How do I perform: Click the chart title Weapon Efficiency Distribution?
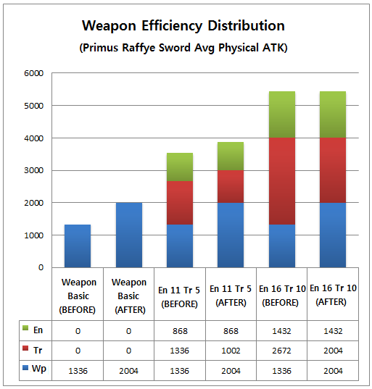coord(183,26)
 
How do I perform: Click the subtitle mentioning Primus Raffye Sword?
coord(183,48)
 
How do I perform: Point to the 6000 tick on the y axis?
coord(34,73)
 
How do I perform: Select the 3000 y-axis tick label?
coord(34,170)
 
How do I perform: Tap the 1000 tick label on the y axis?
coord(34,235)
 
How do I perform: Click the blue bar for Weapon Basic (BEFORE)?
coord(78,246)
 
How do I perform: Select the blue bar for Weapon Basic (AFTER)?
coord(129,235)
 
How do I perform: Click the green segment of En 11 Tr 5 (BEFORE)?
coord(180,167)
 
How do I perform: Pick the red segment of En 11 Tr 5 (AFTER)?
coord(231,187)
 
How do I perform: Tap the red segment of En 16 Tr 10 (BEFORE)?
coord(282,181)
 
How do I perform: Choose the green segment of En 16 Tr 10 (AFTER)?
coord(333,114)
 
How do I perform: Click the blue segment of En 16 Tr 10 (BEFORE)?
coord(282,246)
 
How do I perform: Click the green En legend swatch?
coord(25,328)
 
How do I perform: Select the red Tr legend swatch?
coord(25,348)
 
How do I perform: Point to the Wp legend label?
coord(39,369)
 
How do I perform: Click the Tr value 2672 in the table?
coord(281,351)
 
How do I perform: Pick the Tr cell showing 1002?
coord(231,351)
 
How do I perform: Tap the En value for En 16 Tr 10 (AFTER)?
coord(333,331)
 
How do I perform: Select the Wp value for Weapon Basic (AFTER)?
coord(128,371)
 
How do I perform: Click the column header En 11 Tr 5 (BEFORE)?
coord(179,297)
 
